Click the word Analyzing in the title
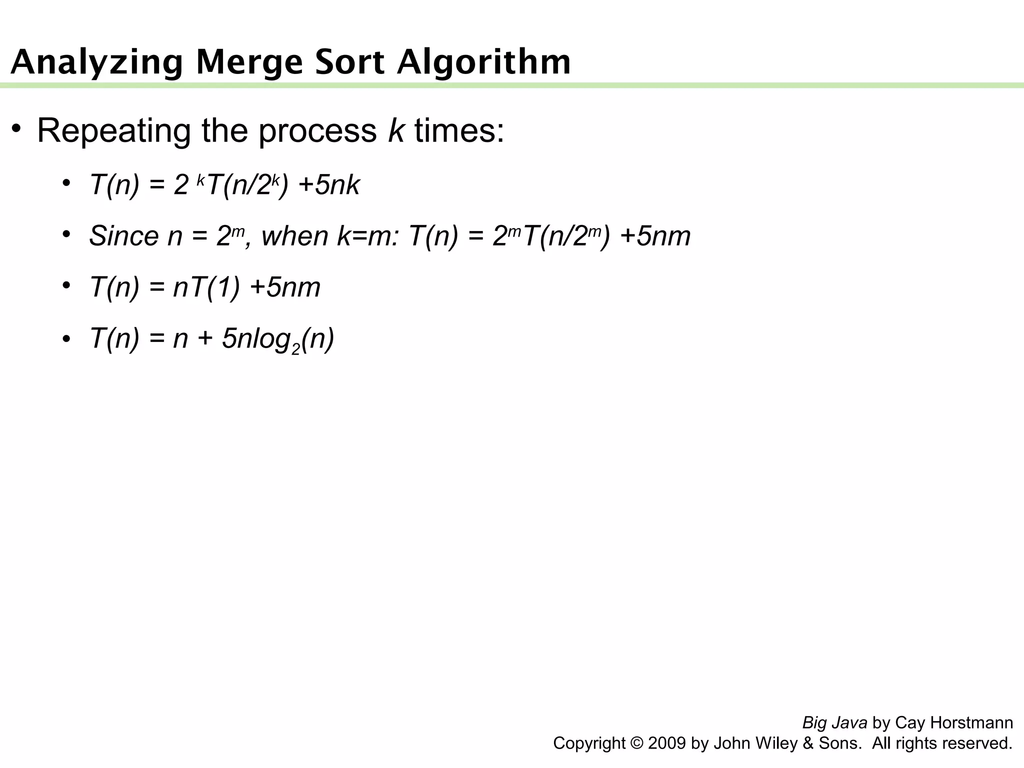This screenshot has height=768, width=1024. click(96, 63)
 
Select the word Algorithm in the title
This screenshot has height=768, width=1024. click(483, 63)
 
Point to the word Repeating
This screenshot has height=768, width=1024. click(114, 131)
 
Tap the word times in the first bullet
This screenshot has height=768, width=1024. click(459, 130)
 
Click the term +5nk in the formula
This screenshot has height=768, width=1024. click(329, 185)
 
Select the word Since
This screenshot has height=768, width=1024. click(123, 236)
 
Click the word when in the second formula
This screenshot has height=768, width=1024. click(294, 236)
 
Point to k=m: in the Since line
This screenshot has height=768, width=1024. click(368, 236)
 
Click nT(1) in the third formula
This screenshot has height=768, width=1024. click(206, 287)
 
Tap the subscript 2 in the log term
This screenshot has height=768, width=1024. click(295, 348)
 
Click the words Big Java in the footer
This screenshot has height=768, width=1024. click(834, 722)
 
